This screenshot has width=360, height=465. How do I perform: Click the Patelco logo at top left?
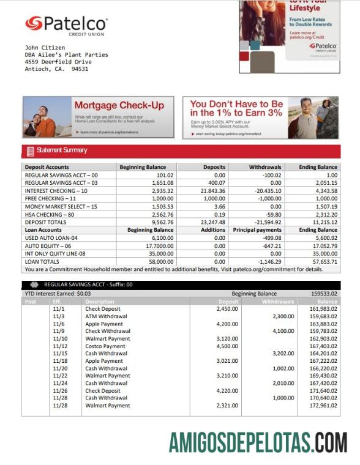pyautogui.click(x=66, y=25)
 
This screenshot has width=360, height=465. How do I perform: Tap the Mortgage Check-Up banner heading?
pyautogui.click(x=119, y=105)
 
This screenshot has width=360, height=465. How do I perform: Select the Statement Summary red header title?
pyautogui.click(x=62, y=151)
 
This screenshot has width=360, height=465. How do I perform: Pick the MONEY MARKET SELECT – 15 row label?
pyautogui.click(x=61, y=207)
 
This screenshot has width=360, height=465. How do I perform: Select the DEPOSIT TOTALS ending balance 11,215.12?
pyautogui.click(x=321, y=223)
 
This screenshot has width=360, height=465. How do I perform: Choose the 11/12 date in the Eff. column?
pyautogui.click(x=60, y=346)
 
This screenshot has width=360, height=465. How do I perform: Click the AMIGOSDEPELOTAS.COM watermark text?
pyautogui.click(x=258, y=442)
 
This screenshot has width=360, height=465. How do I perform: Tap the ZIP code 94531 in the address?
pyautogui.click(x=80, y=69)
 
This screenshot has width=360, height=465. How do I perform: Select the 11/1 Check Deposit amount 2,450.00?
pyautogui.click(x=227, y=309)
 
